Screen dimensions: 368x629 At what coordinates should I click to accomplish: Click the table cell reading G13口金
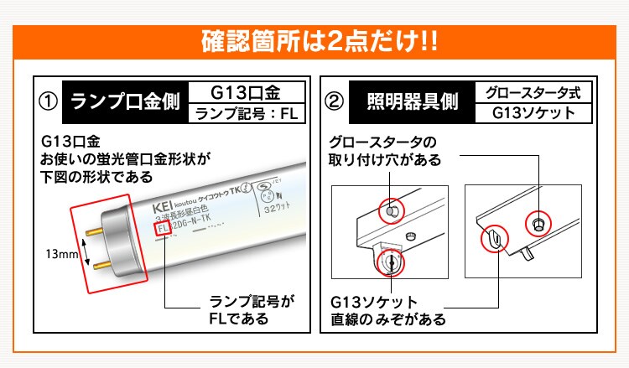[x=246, y=91]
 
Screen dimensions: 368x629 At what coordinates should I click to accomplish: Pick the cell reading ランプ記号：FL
[x=246, y=115]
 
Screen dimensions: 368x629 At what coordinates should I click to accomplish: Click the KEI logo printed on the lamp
[x=162, y=206]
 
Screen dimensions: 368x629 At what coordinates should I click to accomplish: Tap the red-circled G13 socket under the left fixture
[x=391, y=263]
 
